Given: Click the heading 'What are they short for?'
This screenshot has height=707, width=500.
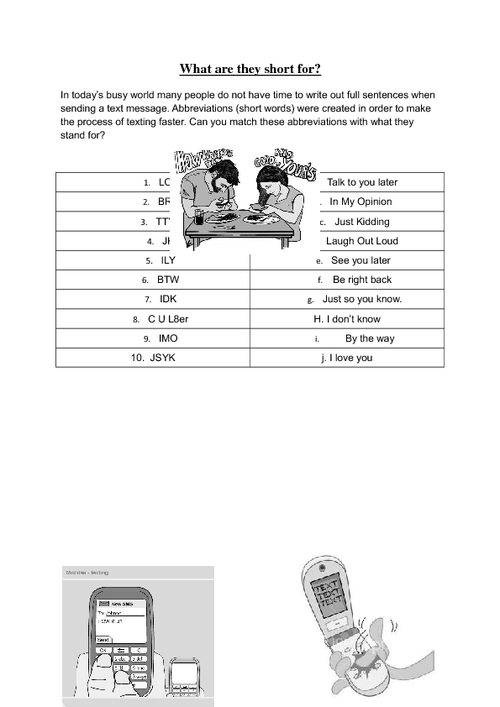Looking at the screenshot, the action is (x=250, y=70).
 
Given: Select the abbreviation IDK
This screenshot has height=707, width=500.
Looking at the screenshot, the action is (x=168, y=299).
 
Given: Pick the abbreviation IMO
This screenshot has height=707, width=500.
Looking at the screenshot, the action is (x=168, y=338).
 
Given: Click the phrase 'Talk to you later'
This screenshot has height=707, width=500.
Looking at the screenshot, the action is (x=362, y=182).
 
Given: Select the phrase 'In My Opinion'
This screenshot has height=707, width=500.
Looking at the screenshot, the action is (x=361, y=202).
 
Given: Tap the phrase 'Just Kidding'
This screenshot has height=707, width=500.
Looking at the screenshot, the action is (x=362, y=222).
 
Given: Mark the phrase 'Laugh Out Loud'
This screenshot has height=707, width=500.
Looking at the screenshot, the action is (x=362, y=241).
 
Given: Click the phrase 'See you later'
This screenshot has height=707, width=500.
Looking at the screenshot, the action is (x=361, y=260).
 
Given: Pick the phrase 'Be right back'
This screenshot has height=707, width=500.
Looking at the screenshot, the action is (x=362, y=280).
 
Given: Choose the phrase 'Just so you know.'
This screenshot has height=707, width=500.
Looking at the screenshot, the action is (x=362, y=299).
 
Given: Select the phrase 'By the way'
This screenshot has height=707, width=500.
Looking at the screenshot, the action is (x=370, y=338).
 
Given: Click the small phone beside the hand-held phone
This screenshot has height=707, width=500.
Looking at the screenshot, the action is (x=184, y=676).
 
